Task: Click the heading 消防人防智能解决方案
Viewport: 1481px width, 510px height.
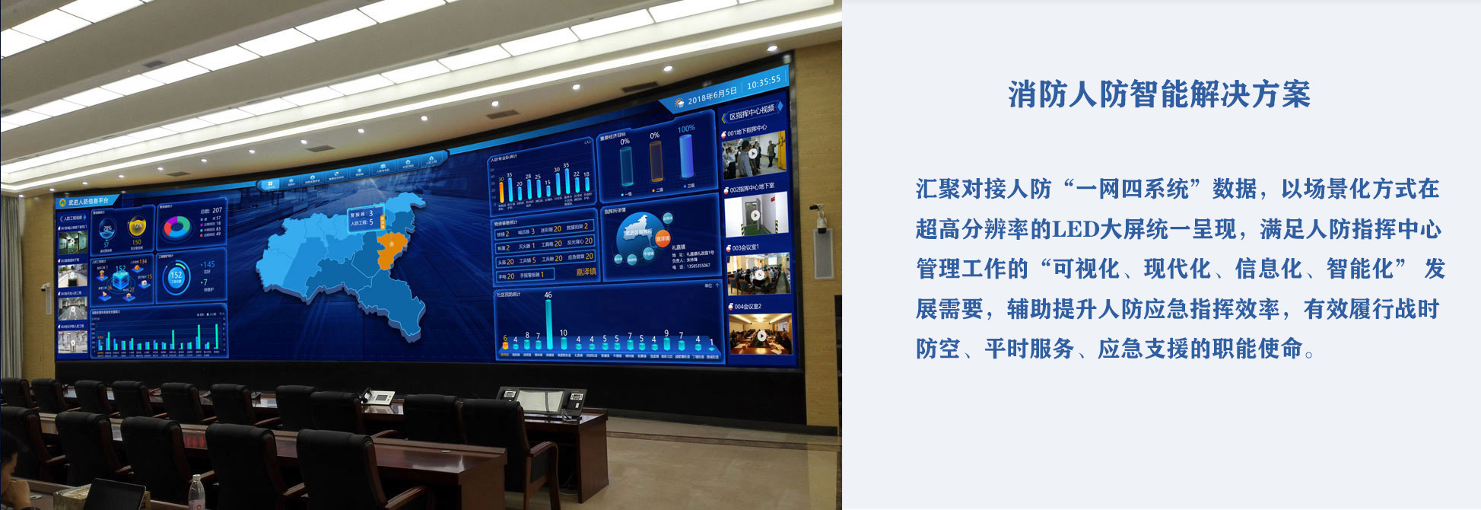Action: (1159, 94)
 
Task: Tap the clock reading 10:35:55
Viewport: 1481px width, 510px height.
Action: (763, 82)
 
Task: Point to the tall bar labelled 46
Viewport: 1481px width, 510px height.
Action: (548, 324)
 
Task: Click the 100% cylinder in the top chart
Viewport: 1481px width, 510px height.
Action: (686, 156)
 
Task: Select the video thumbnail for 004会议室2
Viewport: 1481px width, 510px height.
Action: (760, 334)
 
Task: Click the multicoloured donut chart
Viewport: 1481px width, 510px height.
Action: (176, 227)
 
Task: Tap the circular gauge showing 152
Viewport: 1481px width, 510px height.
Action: (176, 277)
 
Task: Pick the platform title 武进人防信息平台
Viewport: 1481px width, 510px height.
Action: (88, 202)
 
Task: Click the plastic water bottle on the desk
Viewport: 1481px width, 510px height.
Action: (196, 493)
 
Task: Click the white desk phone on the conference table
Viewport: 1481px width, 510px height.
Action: (378, 397)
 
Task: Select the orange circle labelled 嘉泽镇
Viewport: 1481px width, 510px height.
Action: (663, 238)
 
